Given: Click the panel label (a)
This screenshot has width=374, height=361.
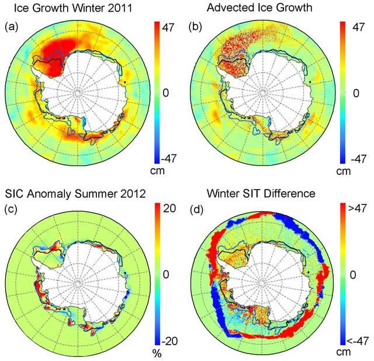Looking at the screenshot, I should [11, 26].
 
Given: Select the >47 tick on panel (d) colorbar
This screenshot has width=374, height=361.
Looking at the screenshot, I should [358, 209].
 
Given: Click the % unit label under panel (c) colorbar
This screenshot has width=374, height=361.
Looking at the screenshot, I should [157, 354].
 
